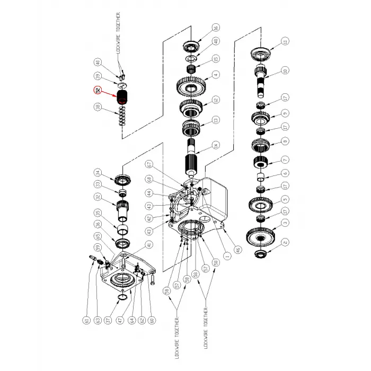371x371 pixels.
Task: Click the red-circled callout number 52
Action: click(97, 90)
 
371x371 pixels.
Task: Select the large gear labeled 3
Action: click(261, 233)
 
